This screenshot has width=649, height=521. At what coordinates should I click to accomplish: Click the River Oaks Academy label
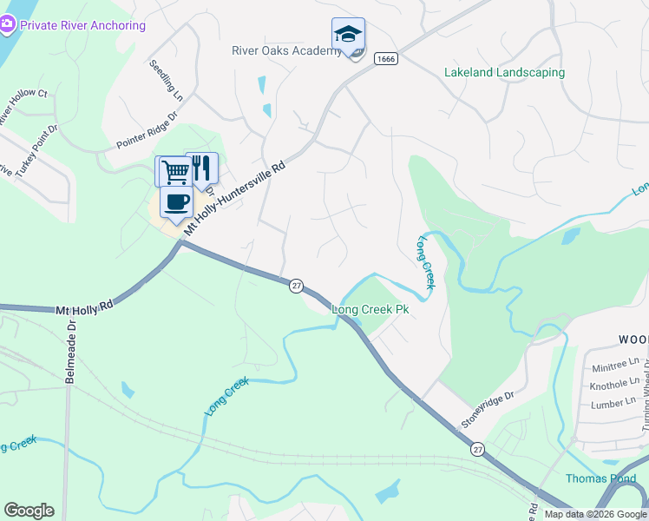click(286, 50)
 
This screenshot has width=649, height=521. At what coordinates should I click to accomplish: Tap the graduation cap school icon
click(348, 35)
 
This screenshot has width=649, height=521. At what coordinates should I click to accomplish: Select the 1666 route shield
click(386, 58)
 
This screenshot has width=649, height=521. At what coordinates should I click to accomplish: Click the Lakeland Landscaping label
click(504, 73)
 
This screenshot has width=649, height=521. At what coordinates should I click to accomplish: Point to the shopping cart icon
click(174, 171)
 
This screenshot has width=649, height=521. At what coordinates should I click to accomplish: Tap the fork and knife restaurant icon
click(201, 168)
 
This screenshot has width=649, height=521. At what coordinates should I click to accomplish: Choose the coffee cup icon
click(177, 203)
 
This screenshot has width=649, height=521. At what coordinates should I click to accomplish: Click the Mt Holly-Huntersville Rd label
click(232, 197)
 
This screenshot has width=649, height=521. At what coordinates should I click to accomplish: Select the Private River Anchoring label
click(82, 25)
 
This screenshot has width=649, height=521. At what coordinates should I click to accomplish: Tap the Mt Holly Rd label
click(84, 307)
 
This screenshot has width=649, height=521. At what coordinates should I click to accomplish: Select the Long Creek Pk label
click(370, 309)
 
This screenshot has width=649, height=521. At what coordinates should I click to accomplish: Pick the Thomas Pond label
click(600, 478)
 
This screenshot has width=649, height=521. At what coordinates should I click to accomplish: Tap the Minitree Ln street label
click(613, 365)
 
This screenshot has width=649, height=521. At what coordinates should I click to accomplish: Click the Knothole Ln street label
click(613, 384)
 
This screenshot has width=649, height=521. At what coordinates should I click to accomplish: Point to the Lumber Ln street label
click(612, 404)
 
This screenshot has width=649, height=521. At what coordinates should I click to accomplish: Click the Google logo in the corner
click(29, 511)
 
